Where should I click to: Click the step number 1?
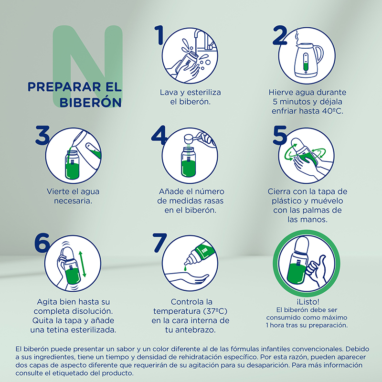point(159,35)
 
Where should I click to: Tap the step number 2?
point(280,35)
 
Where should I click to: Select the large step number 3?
point(42,135)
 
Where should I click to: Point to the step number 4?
point(159,135)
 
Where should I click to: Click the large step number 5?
point(280,135)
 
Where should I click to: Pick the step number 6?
point(42,243)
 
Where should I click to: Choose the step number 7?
point(159,243)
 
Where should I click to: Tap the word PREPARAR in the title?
point(64,87)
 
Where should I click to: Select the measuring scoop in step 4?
point(195,139)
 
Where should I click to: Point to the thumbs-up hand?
point(316,270)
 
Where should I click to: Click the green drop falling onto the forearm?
point(186,268)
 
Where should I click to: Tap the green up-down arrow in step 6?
point(82,264)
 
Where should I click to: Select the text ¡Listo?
point(308,302)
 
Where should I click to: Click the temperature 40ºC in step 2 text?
point(332,111)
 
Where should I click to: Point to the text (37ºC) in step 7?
point(215,311)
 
